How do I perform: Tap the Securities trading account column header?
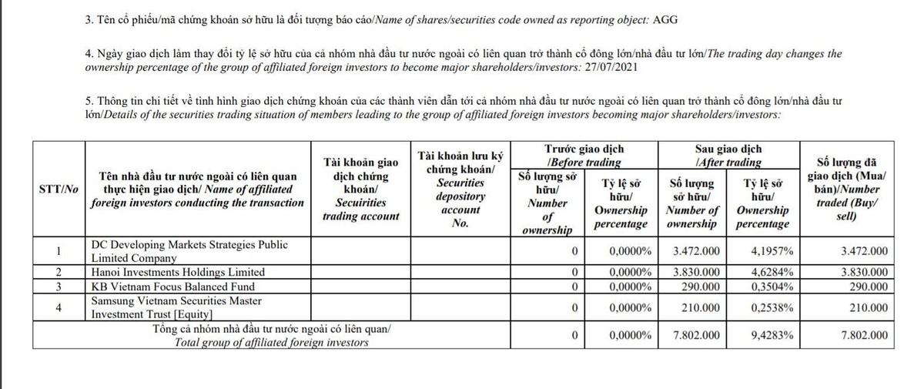361,189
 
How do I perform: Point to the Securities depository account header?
460,189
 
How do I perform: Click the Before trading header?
584,155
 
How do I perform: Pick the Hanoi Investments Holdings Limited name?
178,272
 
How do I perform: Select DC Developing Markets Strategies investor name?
189,250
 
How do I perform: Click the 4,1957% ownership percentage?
765,251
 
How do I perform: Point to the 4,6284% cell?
765,272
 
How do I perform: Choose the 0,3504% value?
765,287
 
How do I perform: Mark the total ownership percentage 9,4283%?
765,336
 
